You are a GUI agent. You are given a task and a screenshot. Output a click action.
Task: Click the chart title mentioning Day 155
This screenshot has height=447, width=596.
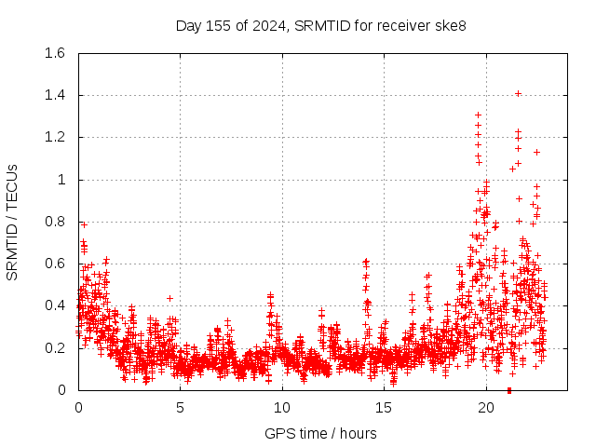(x=321, y=25)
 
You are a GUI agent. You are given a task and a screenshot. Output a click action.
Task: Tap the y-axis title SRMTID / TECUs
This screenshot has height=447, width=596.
(x=12, y=222)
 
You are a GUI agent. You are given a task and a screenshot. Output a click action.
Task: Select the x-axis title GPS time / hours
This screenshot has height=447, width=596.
(x=321, y=433)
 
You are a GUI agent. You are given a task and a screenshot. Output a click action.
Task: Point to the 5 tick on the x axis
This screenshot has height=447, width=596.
(x=181, y=408)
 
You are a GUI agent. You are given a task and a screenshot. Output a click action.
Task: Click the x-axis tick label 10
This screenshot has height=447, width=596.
(x=282, y=408)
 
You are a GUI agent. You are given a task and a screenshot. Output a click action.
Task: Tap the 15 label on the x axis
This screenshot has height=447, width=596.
(x=385, y=408)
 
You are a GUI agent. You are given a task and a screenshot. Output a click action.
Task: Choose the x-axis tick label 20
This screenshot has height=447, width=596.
(x=486, y=408)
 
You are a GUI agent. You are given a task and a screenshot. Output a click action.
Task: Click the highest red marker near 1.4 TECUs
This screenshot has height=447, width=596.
(x=518, y=93)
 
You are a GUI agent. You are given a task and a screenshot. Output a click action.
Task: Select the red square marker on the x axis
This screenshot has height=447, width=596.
(x=509, y=390)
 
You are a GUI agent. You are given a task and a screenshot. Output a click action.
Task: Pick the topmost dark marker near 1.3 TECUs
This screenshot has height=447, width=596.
(x=478, y=115)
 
